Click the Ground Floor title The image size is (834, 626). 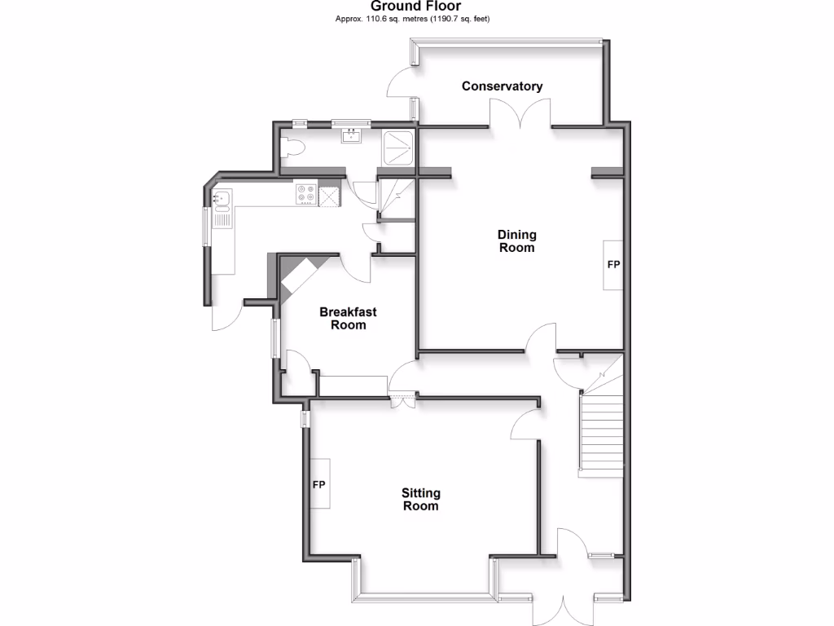pos(416,7)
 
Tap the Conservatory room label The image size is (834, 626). pos(502,86)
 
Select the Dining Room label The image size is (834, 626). pos(517,241)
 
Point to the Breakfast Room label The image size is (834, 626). pos(348,318)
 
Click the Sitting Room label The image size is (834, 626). pos(420,499)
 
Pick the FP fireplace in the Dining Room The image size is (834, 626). pos(612,266)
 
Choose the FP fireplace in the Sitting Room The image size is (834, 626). pos(319,485)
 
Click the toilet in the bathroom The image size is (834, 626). pos(291,148)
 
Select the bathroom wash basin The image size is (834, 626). pos(352,135)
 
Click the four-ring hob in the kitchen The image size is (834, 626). pos(306,194)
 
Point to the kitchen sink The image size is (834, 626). pos(222,200)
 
